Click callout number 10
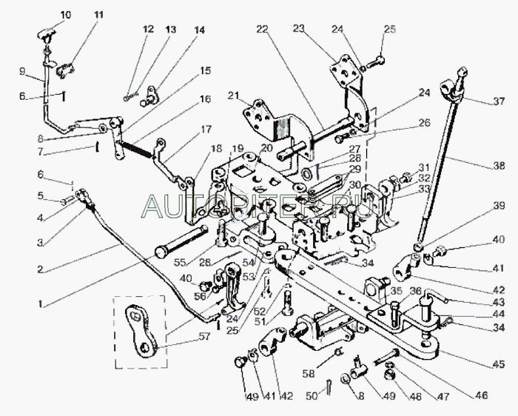[x=67, y=15]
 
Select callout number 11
[x=100, y=15]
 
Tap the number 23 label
[x=299, y=29]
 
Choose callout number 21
[x=232, y=96]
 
